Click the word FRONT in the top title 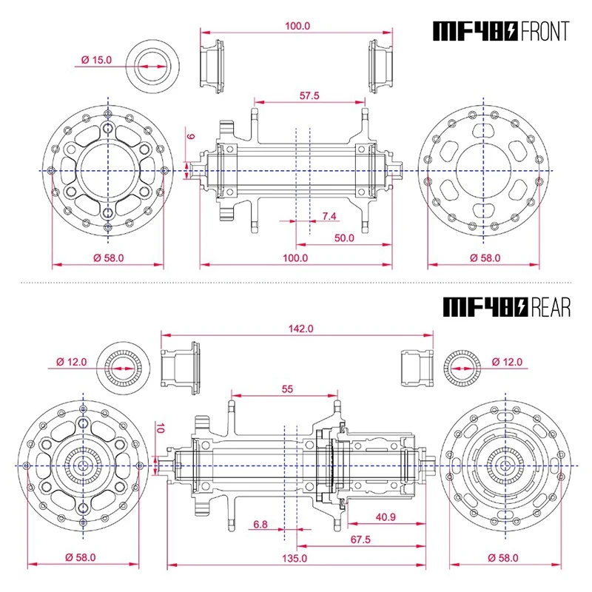coord(545,31)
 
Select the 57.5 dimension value coord(309,96)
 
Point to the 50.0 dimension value coord(344,238)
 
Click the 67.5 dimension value coord(360,540)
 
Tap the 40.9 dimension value coord(385,517)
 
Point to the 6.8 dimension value coord(260,524)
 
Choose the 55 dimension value coord(286,388)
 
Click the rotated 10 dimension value coord(158,428)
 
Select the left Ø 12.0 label coord(71,362)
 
